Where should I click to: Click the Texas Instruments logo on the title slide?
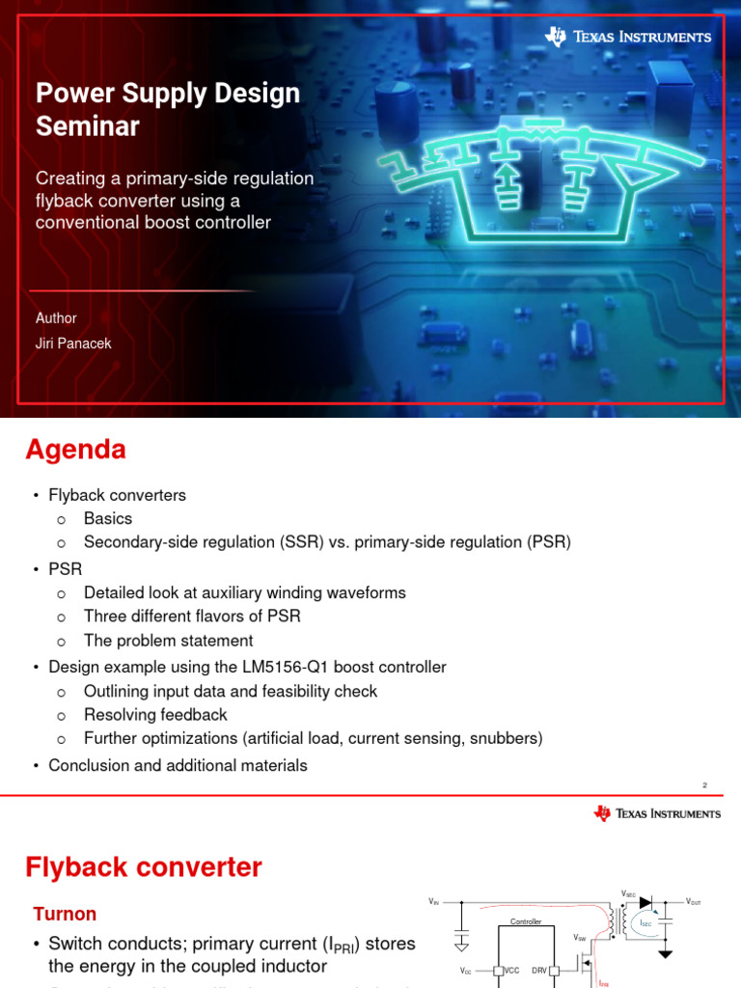pyautogui.click(x=628, y=37)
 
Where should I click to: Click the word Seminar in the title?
pyautogui.click(x=88, y=125)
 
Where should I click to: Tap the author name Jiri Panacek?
pyautogui.click(x=73, y=343)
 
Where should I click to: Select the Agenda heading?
pyautogui.click(x=75, y=450)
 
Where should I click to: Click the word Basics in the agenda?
pyautogui.click(x=108, y=519)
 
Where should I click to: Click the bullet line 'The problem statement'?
pyautogui.click(x=168, y=641)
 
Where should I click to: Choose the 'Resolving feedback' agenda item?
pyautogui.click(x=155, y=715)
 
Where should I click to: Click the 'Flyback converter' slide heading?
pyautogui.click(x=143, y=867)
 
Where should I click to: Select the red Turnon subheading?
pyautogui.click(x=65, y=913)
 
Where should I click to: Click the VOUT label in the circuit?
pyautogui.click(x=693, y=902)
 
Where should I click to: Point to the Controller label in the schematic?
pyautogui.click(x=527, y=922)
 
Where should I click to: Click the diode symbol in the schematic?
pyautogui.click(x=645, y=902)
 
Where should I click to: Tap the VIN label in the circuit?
pyautogui.click(x=434, y=901)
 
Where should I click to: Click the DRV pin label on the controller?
pyautogui.click(x=539, y=971)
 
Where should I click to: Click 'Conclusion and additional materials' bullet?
pyautogui.click(x=178, y=765)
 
